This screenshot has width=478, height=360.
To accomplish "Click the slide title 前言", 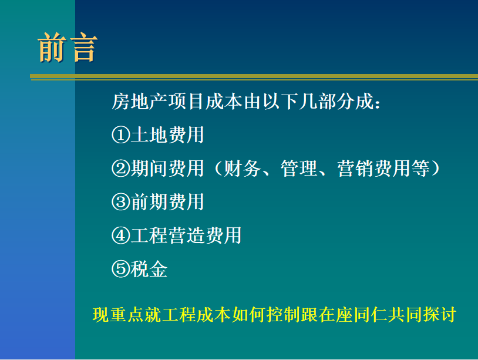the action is coord(68,48).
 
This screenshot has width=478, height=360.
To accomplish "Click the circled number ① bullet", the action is coord(121,134).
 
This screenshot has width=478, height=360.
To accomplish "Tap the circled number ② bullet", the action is coord(121,169).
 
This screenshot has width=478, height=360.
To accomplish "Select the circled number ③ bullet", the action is coord(121,202).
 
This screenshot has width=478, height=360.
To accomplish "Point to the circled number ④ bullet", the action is coord(121,235).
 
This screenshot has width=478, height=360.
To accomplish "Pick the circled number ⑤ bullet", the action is coord(121,269).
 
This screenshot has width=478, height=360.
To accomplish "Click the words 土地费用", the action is coord(167,134).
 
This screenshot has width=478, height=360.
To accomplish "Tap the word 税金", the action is coord(149,269).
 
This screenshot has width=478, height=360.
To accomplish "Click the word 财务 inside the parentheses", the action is coord(243,169).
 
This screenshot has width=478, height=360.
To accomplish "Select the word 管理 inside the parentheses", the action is coord(299,169).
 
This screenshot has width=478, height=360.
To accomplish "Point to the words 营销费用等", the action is coord(383,169).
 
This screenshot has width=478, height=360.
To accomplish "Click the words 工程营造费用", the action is coord(186,235).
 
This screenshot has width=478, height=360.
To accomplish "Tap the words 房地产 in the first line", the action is coord(139,101).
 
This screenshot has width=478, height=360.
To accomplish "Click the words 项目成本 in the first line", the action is coord(205,101).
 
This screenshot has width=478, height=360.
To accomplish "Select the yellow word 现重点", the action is coord(118,315).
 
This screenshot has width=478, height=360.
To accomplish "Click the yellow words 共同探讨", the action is coord(422,315).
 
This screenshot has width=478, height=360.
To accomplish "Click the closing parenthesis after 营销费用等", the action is coord(435,169).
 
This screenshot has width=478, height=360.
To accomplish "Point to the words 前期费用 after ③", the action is coord(167,202).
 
